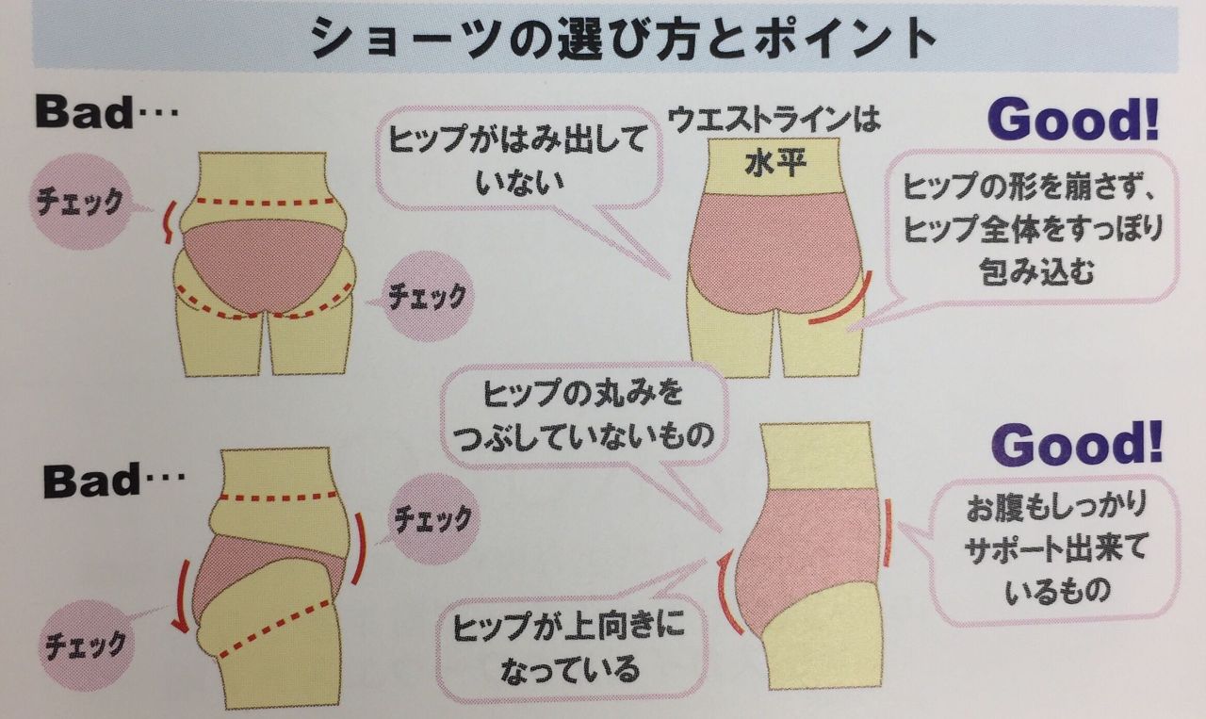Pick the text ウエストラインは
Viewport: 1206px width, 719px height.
coord(774,120)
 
